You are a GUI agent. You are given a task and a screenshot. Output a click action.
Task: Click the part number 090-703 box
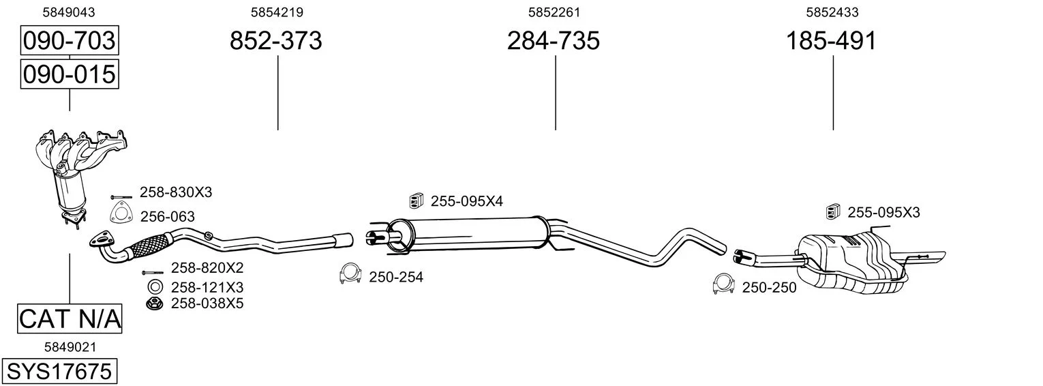point(70,40)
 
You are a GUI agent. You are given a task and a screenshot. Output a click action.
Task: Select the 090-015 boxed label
point(70,74)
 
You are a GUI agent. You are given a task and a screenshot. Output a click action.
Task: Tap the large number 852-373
point(275,40)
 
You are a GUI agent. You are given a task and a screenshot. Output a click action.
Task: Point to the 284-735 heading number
point(553,40)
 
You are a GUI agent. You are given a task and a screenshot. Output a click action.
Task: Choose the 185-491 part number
point(831,40)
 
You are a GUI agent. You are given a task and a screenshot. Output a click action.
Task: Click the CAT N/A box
point(70,319)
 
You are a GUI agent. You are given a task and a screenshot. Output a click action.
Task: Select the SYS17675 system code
point(59,372)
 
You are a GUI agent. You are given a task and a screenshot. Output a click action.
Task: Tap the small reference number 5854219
point(277,12)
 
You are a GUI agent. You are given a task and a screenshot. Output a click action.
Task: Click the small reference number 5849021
point(70,347)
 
